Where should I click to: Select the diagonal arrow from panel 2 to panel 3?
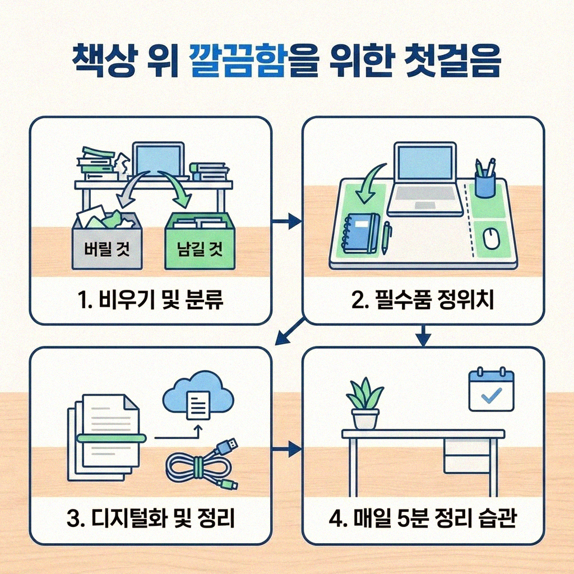290,333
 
